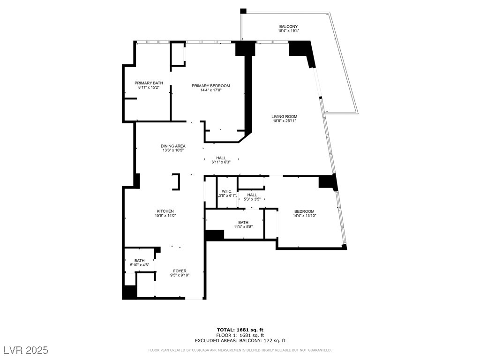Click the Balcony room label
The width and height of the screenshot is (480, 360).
[x=288, y=27]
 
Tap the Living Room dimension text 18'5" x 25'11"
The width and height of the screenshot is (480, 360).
[x=284, y=121]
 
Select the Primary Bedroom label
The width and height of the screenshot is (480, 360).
[x=210, y=86]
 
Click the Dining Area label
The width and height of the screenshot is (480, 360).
[x=173, y=146]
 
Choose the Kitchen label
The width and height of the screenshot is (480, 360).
[x=165, y=211]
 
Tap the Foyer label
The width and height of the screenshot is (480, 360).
[x=180, y=271]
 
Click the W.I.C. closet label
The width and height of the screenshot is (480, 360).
[x=227, y=191]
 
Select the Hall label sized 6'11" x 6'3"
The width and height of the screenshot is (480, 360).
[x=221, y=158]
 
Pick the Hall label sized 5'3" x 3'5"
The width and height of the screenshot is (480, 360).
[x=252, y=195]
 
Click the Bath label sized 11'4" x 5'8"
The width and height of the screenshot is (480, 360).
[x=243, y=223]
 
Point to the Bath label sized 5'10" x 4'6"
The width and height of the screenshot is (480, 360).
[x=140, y=261]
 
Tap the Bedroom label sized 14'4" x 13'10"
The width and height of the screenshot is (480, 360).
[x=304, y=211]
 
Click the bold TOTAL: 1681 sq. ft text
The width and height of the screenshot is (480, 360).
[x=240, y=330]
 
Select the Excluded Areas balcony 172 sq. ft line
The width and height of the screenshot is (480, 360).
[x=240, y=341]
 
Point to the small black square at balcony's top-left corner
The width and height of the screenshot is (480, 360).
[x=243, y=11]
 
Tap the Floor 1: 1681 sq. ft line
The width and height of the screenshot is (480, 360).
[x=240, y=335]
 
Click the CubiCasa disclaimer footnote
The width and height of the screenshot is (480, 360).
[x=240, y=350]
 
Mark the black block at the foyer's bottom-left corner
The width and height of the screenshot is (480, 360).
[x=129, y=292]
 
